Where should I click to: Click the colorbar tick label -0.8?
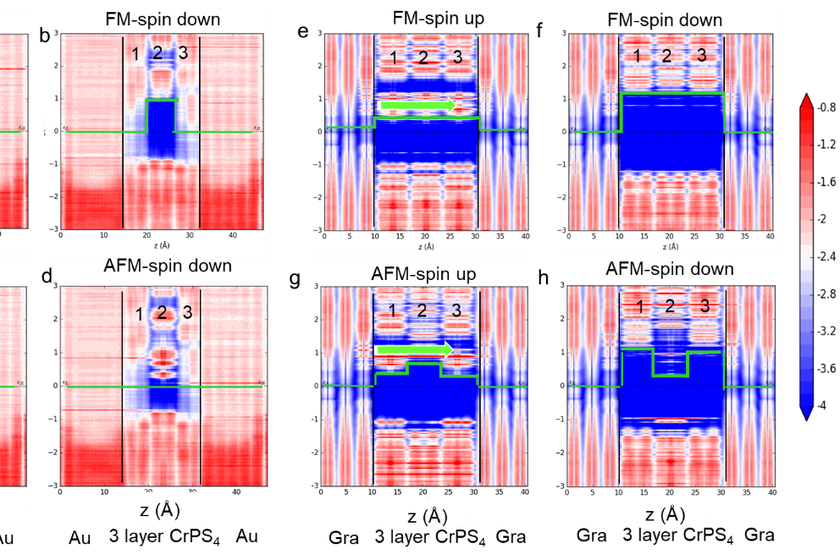click(x=826, y=107)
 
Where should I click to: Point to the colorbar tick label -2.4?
click(x=826, y=256)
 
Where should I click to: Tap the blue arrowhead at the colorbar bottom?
click(x=806, y=412)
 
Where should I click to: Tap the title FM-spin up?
click(x=439, y=19)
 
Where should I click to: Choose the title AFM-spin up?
click(x=423, y=274)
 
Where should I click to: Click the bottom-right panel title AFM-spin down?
click(x=670, y=270)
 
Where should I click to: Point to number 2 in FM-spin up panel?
click(x=425, y=58)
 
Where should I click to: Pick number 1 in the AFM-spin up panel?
click(x=392, y=310)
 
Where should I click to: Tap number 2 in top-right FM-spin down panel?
click(x=666, y=56)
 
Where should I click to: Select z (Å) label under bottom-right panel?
click(x=665, y=514)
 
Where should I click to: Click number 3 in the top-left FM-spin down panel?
click(x=180, y=54)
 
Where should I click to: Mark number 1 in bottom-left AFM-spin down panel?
click(x=139, y=315)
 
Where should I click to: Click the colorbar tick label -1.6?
click(x=826, y=182)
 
